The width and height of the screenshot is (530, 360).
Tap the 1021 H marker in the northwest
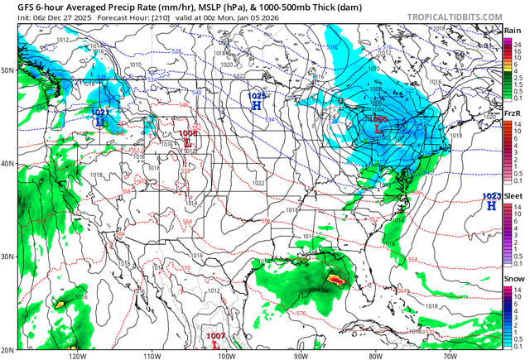(x=100, y=122)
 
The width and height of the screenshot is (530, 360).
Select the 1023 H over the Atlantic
(x=492, y=204)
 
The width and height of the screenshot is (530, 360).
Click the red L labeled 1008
(x=188, y=142)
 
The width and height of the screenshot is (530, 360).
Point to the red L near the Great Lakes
(x=378, y=129)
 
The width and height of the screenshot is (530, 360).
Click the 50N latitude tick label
(x=8, y=71)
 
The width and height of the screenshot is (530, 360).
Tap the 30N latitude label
(x=8, y=257)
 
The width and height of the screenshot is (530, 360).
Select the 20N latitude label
(x=8, y=348)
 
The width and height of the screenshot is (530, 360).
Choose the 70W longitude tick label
(x=448, y=356)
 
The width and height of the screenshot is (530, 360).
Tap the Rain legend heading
(x=513, y=31)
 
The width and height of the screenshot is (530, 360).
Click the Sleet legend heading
(x=513, y=196)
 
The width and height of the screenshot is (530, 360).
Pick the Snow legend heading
(x=513, y=279)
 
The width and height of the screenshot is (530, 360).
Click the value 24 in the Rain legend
(x=519, y=42)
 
